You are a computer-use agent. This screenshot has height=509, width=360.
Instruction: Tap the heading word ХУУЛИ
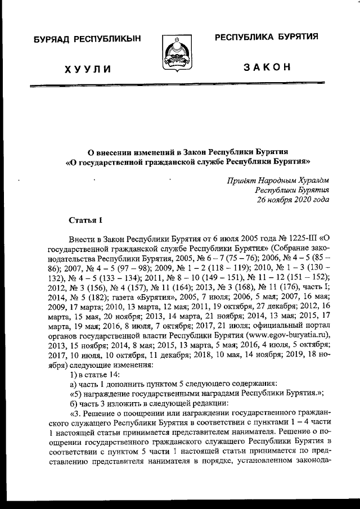pyautogui.click(x=87, y=69)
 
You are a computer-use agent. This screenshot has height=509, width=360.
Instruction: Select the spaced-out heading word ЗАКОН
pyautogui.click(x=267, y=67)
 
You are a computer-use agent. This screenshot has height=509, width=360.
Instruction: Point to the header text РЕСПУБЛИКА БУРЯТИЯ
pyautogui.click(x=267, y=37)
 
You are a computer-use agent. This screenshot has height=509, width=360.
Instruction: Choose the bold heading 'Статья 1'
pyautogui.click(x=86, y=218)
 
